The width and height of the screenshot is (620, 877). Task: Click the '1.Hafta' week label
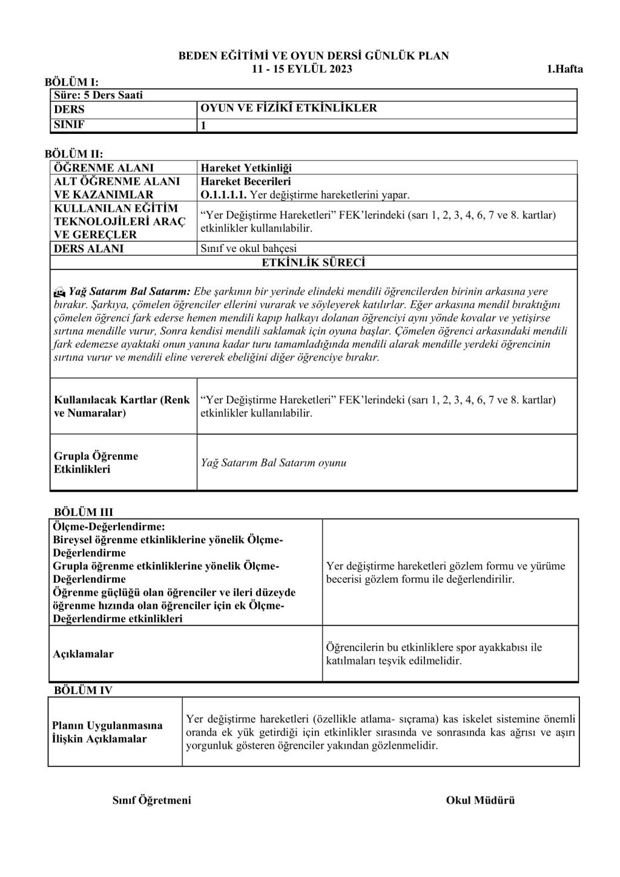564,69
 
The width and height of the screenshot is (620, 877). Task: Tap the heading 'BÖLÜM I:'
71,82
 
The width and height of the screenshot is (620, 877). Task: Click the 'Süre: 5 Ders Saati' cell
99,95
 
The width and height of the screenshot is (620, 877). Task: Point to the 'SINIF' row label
70,125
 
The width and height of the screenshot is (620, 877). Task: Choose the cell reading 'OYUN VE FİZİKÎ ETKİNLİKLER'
289,108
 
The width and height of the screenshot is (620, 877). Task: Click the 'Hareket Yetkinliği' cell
246,168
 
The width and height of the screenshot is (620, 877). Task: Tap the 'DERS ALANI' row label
88,248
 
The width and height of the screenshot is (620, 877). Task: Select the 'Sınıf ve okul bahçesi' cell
248,248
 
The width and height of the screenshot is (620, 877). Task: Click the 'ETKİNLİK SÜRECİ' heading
313,262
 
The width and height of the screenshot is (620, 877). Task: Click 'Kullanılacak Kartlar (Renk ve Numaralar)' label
122,406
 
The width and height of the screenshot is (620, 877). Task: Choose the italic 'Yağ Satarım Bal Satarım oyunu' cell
274,463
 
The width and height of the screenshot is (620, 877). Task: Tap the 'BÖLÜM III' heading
84,512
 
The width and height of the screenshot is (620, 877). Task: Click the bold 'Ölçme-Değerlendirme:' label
109,526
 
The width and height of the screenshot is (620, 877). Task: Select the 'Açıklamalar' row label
84,654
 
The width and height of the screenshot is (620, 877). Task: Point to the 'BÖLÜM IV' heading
83,690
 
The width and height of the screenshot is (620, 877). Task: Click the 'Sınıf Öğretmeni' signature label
151,800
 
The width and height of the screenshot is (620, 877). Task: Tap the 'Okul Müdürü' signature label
480,800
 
